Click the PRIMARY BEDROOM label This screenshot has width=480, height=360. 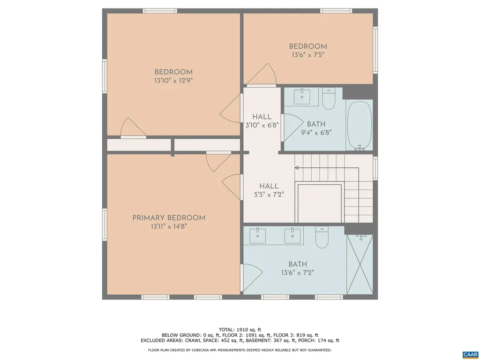[169, 218]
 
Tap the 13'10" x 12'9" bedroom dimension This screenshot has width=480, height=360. [173, 81]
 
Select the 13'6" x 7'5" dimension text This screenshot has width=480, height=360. [308, 55]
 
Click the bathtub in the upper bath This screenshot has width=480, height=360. [360, 125]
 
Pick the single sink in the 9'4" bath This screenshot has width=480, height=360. [302, 97]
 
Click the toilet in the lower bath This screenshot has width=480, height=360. [322, 239]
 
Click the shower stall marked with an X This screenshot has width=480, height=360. [360, 265]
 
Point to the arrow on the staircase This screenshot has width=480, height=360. [297, 167]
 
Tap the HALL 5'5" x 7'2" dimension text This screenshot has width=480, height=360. [265, 194]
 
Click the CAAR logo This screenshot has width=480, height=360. [470, 354]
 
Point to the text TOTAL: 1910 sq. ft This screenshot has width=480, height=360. [240, 330]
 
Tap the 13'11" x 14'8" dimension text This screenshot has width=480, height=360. [169, 226]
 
